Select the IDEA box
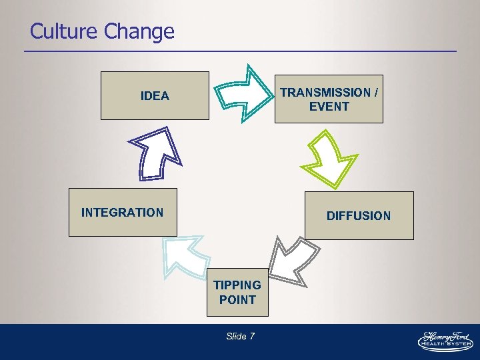(x=155, y=96)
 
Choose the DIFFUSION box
(x=359, y=215)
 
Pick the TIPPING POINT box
(x=237, y=293)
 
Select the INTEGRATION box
(x=123, y=213)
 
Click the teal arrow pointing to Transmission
(x=243, y=93)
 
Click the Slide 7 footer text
(x=240, y=337)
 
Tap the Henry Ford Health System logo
(x=445, y=339)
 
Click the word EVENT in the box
(x=329, y=107)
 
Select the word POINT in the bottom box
(x=237, y=300)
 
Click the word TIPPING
(x=237, y=285)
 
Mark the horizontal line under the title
(x=240, y=51)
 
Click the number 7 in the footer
(x=252, y=337)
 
